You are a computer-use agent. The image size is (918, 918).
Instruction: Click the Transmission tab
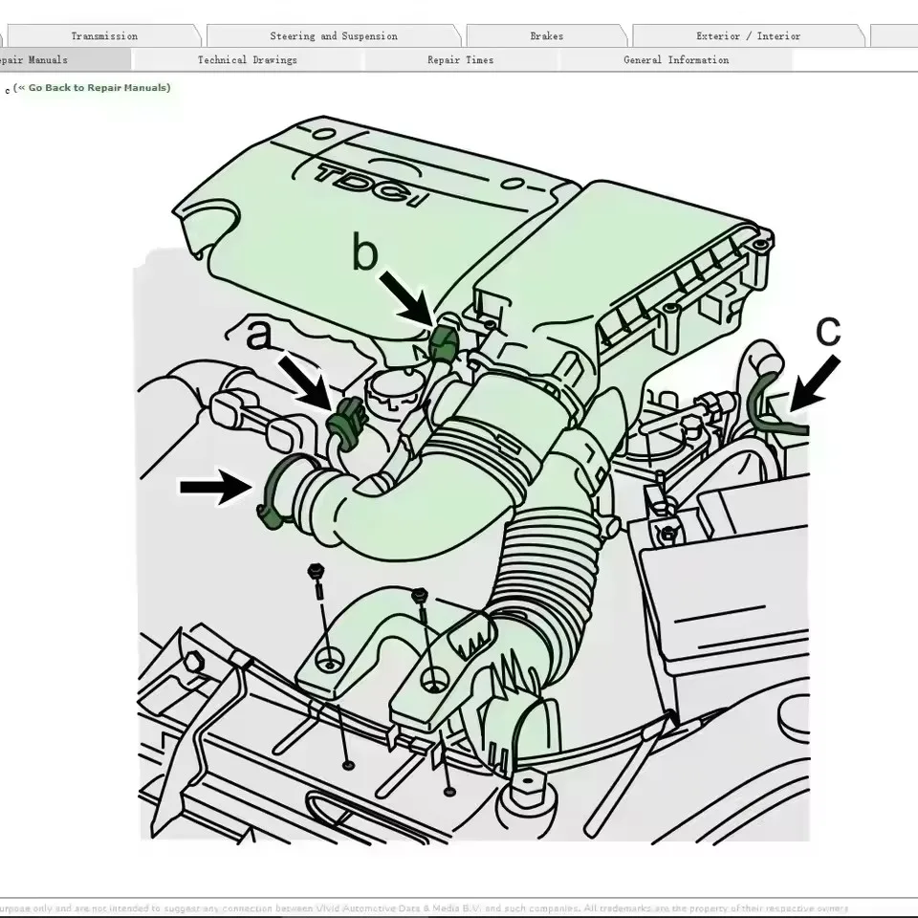pos(103,36)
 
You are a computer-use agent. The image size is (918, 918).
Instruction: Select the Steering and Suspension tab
pos(333,36)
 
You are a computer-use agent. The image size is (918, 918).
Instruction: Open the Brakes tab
pos(546,36)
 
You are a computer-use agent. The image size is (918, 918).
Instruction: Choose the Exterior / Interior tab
pos(748,36)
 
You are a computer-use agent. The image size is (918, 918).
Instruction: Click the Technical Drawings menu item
pos(247,60)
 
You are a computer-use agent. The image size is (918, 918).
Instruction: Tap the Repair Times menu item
pos(460,60)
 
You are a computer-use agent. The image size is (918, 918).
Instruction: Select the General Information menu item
pos(675,60)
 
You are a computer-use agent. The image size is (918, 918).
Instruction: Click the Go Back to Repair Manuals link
pos(94,88)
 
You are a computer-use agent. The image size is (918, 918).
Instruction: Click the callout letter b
pos(365,253)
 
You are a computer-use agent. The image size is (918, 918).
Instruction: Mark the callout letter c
pos(828,330)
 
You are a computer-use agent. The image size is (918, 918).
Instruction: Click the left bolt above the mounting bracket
pos(314,575)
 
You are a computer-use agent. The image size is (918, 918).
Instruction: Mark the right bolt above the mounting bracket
pos(419,598)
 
